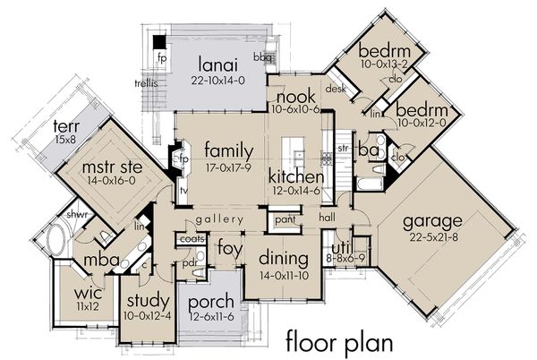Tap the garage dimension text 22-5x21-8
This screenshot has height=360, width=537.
click(x=431, y=236)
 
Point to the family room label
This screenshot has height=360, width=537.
click(x=227, y=150)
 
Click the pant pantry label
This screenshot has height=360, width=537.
click(x=286, y=219)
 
